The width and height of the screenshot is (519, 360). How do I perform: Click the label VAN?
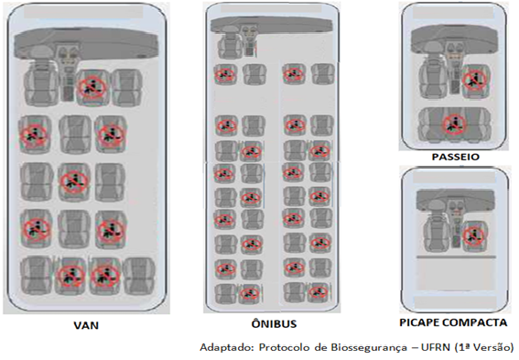(86, 325)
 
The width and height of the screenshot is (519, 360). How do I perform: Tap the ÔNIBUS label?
(274, 323)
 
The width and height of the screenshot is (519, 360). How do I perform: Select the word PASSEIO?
(456, 157)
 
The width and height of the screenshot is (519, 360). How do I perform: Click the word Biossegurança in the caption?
(369, 347)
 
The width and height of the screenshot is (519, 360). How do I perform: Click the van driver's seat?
(40, 84)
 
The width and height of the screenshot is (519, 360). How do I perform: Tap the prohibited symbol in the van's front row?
(92, 87)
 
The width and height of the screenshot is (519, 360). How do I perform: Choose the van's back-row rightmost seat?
(139, 276)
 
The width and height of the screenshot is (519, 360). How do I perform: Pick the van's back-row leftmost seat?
(37, 276)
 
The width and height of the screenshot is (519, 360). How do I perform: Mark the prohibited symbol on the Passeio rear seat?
(454, 125)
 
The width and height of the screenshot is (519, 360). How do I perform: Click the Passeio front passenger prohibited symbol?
(475, 80)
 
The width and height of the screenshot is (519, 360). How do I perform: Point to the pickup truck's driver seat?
(437, 234)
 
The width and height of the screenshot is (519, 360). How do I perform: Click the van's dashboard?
(86, 43)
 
